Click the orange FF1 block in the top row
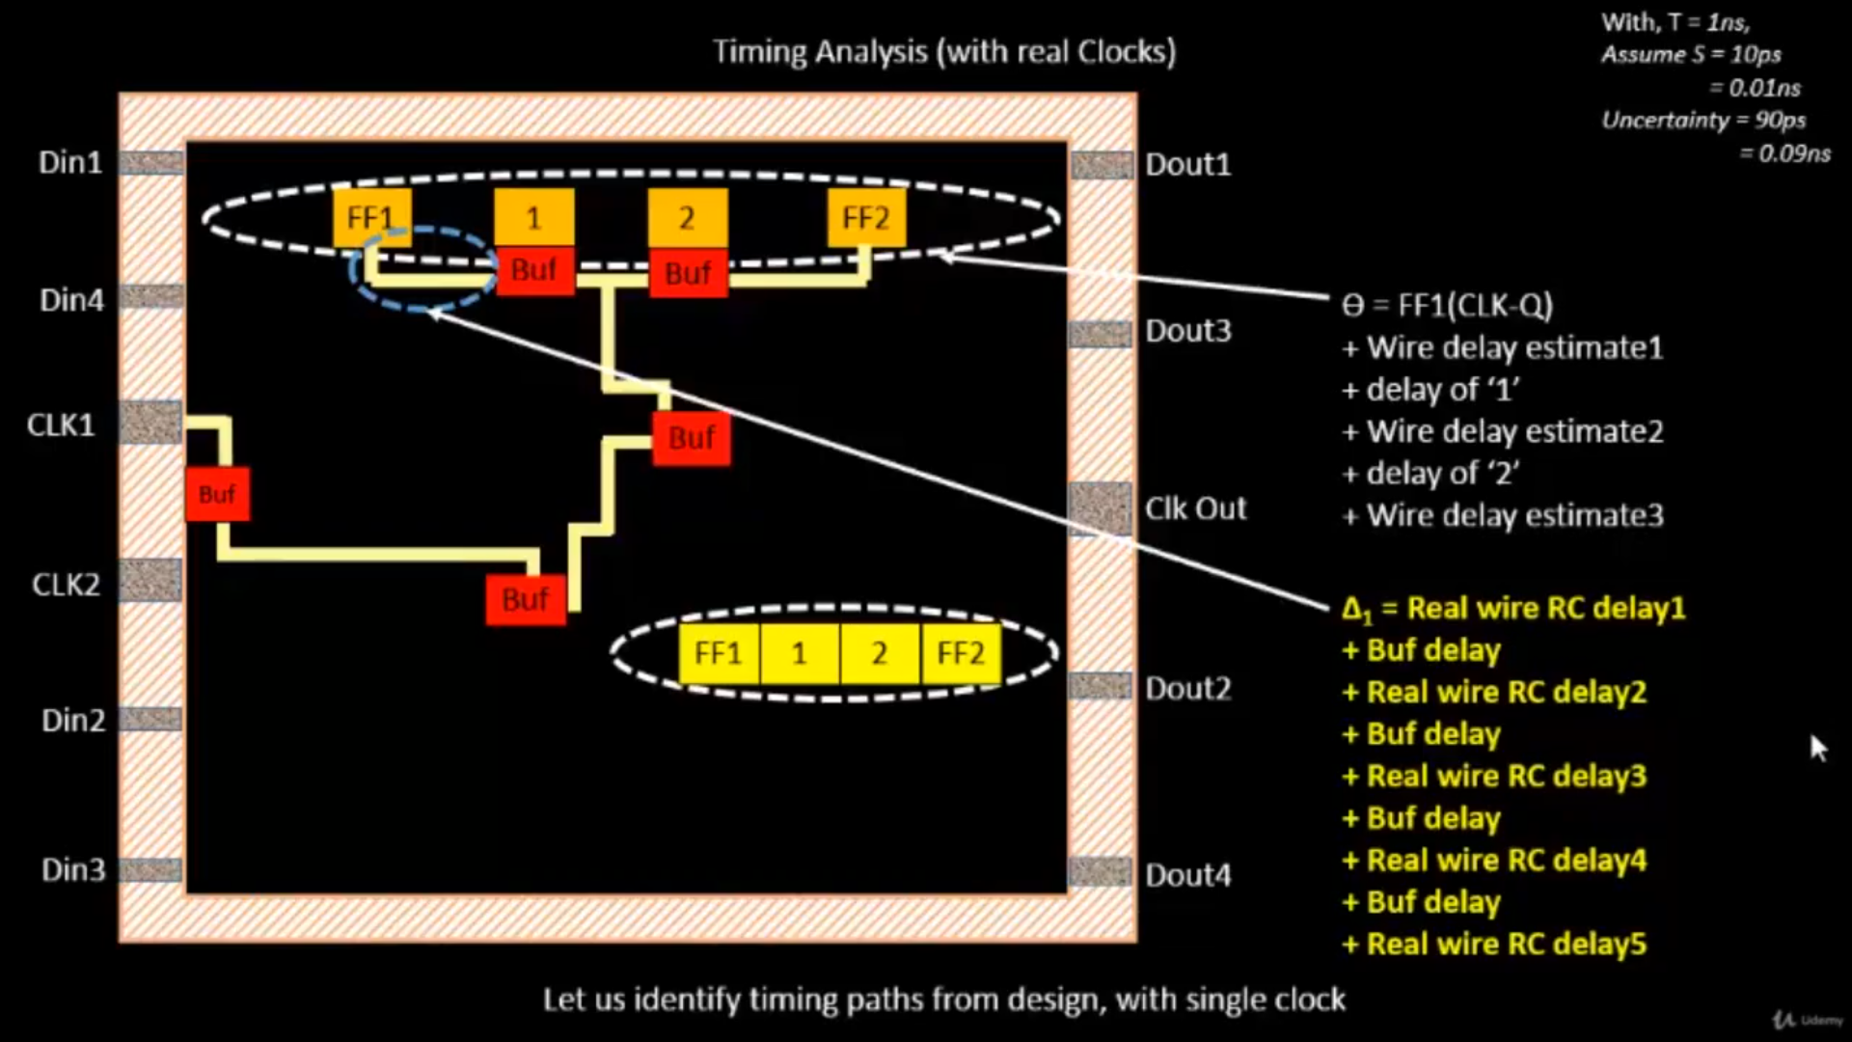point(371,218)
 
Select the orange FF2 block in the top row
point(865,218)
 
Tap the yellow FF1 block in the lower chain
point(719,653)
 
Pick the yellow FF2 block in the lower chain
point(961,653)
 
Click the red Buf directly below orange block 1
point(534,270)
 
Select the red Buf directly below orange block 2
point(688,273)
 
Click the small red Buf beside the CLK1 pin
point(217,494)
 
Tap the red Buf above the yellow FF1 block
point(525,599)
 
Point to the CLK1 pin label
point(61,425)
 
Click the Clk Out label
point(1195,508)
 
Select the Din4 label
point(71,300)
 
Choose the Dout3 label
point(1187,331)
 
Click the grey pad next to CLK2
point(150,580)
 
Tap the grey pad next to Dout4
point(1101,871)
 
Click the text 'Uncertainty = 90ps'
point(1703,121)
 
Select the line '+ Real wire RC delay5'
point(1495,944)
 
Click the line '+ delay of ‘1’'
point(1431,390)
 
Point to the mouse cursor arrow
point(1817,747)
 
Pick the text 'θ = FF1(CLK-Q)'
point(1447,306)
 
